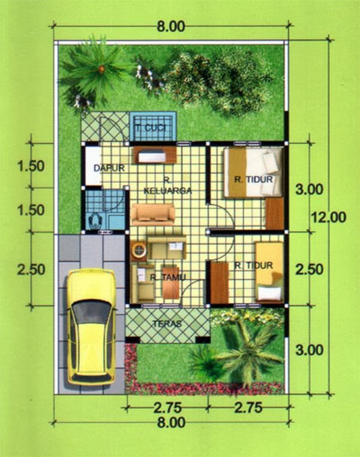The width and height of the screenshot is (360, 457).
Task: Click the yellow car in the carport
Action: [x=91, y=327]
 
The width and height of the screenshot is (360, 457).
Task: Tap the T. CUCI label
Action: [x=151, y=128]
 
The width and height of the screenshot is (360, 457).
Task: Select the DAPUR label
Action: [x=109, y=168]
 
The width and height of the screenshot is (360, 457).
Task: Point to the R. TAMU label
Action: [x=168, y=278]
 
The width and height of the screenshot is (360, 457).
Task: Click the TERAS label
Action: [x=167, y=323]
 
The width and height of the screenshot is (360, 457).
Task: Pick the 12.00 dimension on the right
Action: [x=329, y=217]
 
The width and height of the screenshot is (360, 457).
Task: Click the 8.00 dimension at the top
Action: [x=171, y=26]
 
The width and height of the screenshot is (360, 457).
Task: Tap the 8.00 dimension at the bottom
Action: [x=171, y=422]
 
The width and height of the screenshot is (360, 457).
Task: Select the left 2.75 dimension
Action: [x=167, y=408]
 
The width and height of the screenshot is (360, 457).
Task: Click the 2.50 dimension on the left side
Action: [x=31, y=270]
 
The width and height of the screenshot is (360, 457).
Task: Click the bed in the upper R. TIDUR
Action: [x=253, y=172]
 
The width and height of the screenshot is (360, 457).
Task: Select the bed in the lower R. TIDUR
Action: [x=269, y=271]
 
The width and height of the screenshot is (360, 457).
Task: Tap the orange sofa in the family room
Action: [x=153, y=215]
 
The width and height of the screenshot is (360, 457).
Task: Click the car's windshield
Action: [x=91, y=312]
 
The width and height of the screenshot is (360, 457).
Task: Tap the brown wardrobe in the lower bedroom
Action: [x=220, y=283]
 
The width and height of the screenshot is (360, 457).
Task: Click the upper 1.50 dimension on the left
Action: [x=31, y=166]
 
